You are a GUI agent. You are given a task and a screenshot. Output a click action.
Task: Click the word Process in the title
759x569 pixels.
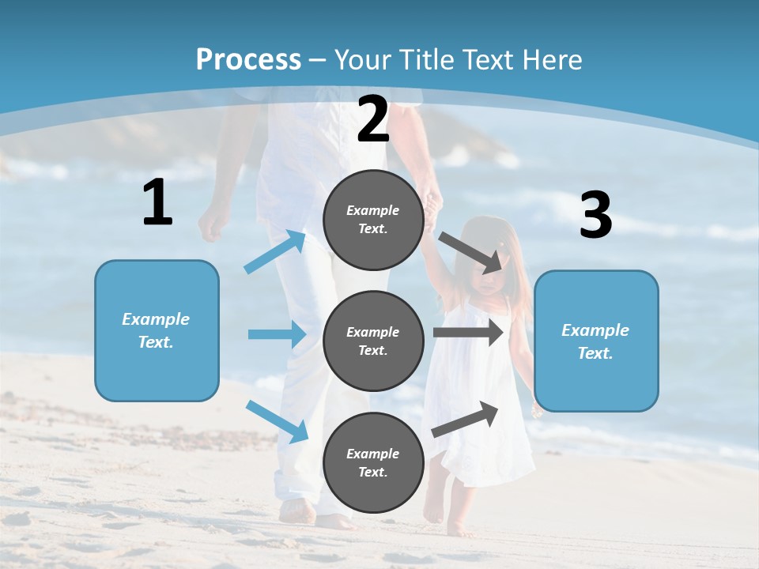tap(248, 60)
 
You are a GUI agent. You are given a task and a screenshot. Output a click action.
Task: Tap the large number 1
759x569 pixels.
tap(157, 203)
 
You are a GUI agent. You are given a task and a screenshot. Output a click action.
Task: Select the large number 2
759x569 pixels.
tap(373, 119)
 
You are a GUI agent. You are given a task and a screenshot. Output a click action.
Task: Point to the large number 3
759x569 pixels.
tap(596, 216)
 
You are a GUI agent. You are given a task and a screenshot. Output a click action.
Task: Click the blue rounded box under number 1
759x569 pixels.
tap(157, 330)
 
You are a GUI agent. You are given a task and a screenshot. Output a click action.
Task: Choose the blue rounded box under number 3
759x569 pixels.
tap(596, 341)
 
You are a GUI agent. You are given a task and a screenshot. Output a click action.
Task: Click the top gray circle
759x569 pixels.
tap(373, 220)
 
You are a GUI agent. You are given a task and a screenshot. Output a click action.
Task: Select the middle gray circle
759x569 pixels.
tap(373, 341)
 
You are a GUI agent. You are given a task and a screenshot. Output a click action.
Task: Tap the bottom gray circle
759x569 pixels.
tap(373, 462)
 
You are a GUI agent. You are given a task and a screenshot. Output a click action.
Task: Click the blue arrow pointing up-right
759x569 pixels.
tap(275, 252)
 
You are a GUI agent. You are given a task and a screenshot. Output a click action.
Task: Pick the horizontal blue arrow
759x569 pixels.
tap(277, 334)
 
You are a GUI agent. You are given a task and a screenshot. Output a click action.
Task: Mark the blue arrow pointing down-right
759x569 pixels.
tap(278, 421)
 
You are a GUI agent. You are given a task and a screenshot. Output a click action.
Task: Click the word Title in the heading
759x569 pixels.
tap(427, 60)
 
